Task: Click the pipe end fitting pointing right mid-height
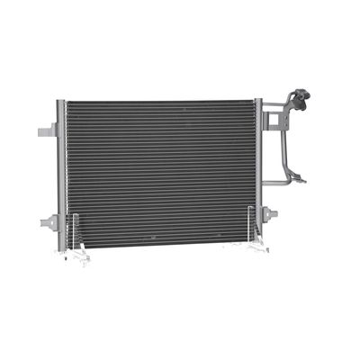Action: pos(301,180)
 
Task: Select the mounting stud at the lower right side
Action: pos(272,213)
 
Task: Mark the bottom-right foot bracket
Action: pos(258,244)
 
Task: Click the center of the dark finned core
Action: pos(160,171)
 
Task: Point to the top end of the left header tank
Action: pos(61,103)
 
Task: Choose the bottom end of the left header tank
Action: pos(61,247)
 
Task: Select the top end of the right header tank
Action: pos(258,101)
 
